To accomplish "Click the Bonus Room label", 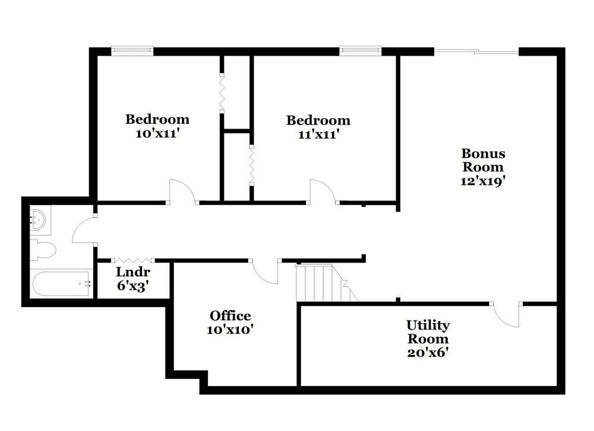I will point(482,160).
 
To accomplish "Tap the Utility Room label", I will point(428,332).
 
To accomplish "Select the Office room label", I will point(230,316).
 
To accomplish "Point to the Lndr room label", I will point(132,272).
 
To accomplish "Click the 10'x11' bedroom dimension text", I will point(157,133).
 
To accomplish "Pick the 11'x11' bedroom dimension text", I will point(318,135).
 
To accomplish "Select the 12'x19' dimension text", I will point(482,181).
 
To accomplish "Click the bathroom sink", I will point(39,219).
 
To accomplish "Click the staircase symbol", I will point(321,283).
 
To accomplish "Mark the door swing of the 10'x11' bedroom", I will point(182,191).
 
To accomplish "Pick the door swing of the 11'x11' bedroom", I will point(323,191).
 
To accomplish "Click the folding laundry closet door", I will point(133,260).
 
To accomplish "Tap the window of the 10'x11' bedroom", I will point(132,51).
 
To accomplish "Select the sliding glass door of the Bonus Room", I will point(476,52).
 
